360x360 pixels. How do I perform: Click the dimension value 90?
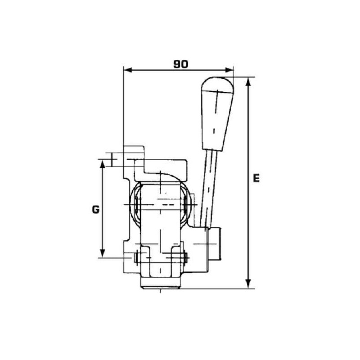(x=181, y=64)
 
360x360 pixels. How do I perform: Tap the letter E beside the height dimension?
(x=256, y=178)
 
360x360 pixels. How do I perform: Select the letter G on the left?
(x=96, y=209)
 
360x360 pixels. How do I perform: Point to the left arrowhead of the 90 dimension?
(x=128, y=70)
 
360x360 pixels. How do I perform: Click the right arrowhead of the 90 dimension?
(x=229, y=70)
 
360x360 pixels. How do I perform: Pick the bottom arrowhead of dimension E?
(x=248, y=283)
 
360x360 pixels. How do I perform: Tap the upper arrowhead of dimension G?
(x=103, y=164)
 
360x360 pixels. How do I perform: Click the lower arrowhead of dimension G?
(x=103, y=253)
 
